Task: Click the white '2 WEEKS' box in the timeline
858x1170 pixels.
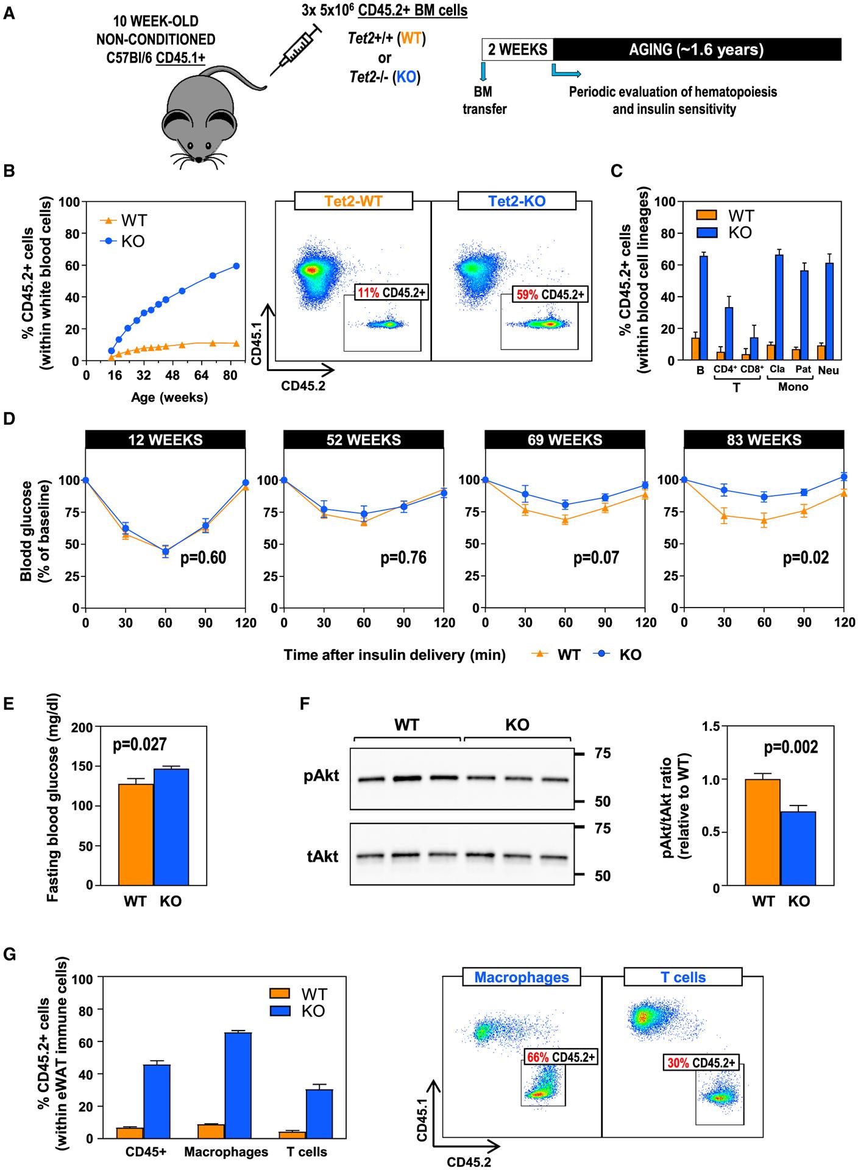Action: (x=517, y=49)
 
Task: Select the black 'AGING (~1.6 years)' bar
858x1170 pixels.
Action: (x=696, y=49)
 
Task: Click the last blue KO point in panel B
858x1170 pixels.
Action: (x=236, y=266)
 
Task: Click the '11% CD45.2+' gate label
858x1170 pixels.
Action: (x=392, y=293)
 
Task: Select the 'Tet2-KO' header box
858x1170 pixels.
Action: (x=517, y=200)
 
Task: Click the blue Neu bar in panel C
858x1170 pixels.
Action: (x=828, y=311)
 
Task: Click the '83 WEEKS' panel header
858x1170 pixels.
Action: (x=764, y=439)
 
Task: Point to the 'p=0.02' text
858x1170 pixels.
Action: (x=806, y=557)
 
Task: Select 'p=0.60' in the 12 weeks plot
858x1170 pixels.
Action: (x=204, y=557)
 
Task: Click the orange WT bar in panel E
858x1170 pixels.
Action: (x=136, y=834)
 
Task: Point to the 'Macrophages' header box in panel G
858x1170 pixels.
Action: (x=521, y=977)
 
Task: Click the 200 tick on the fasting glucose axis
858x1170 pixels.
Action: (x=85, y=727)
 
